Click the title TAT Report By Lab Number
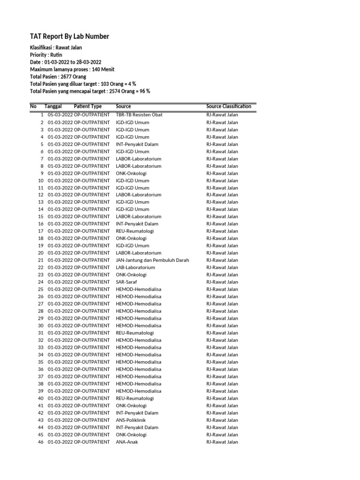click(69, 37)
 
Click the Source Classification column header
click(228, 106)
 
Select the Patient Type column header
click(88, 106)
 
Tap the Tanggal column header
click(53, 106)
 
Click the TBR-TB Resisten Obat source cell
click(139, 115)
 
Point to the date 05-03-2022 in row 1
click(60, 115)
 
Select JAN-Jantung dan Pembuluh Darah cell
click(152, 260)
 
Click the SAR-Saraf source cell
click(127, 282)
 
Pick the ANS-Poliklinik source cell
click(131, 420)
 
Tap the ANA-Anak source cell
click(127, 442)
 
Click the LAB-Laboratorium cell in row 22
click(135, 268)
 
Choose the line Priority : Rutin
click(46, 55)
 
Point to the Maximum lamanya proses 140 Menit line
click(72, 69)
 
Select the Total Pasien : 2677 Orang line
click(58, 76)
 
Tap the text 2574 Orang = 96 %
click(129, 91)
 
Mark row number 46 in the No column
click(41, 442)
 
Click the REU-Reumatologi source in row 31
click(135, 333)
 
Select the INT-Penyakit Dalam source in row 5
click(137, 144)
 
